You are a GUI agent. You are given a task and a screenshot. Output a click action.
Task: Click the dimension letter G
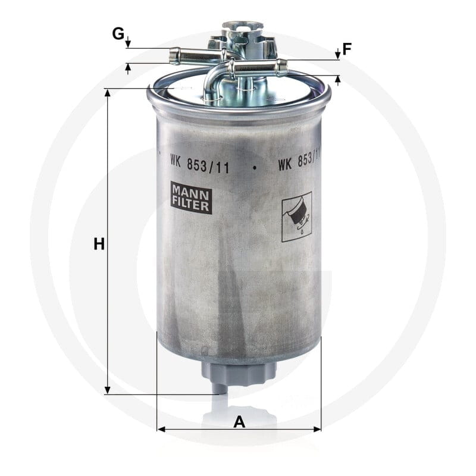pyautogui.click(x=118, y=33)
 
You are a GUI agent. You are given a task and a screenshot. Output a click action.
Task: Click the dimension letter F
pyautogui.click(x=347, y=49)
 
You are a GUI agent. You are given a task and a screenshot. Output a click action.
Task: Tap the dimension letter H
pyautogui.click(x=99, y=244)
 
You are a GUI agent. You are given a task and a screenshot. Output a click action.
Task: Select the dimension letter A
pyautogui.click(x=239, y=422)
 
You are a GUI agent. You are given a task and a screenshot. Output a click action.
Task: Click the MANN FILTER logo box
pyautogui.click(x=191, y=198)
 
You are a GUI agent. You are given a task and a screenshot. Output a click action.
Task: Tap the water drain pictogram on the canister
pyautogui.click(x=297, y=217)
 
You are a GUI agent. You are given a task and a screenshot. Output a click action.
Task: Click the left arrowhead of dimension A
pyautogui.click(x=161, y=429)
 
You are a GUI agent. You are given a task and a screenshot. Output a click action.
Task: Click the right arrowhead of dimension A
pyautogui.click(x=317, y=429)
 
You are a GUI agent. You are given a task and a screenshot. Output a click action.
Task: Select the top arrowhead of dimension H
pyautogui.click(x=107, y=93)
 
